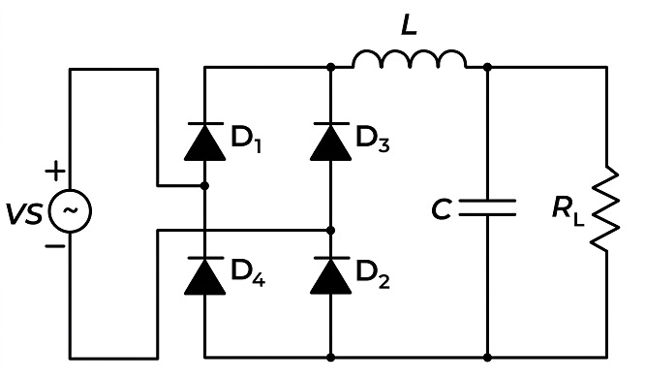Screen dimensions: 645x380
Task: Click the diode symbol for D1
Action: pos(205,142)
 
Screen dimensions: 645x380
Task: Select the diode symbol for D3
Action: pos(330,142)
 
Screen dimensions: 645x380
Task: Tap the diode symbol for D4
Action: pos(205,276)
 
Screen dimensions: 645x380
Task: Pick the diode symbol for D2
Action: pos(330,276)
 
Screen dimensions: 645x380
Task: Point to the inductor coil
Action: pos(410,60)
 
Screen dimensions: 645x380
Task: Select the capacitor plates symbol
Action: pos(487,207)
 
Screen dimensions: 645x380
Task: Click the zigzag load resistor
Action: pos(605,208)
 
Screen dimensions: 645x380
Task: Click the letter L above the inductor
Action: pos(409,26)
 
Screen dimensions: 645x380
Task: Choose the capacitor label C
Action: pos(442,209)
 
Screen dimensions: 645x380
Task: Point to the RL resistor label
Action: pos(568,211)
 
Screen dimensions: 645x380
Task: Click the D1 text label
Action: pos(246,140)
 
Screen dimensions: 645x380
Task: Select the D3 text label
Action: pos(373,140)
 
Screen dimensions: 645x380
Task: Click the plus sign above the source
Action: pos(54,171)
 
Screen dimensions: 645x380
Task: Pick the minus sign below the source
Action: pos(54,246)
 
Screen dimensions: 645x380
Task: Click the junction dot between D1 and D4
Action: pos(205,186)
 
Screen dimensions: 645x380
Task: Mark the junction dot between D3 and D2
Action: pos(330,230)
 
